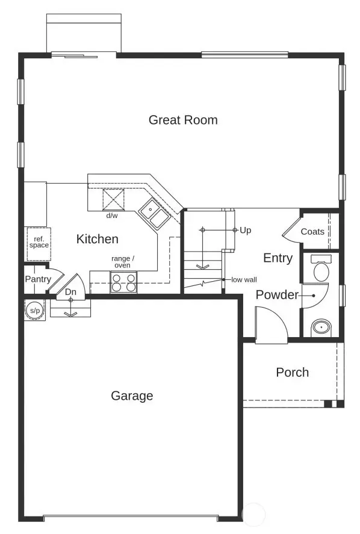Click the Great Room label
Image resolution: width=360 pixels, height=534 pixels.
[x=183, y=120]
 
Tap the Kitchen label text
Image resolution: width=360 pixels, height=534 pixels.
[x=97, y=239]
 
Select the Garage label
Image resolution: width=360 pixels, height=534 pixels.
[x=132, y=396]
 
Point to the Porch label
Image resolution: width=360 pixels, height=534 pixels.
[x=292, y=372]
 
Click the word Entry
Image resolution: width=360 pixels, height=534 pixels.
[x=278, y=258]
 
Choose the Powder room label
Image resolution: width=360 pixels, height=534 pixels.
[x=277, y=295]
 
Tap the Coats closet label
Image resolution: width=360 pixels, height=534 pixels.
[x=312, y=231]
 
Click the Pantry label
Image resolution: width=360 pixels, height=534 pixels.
[x=38, y=279]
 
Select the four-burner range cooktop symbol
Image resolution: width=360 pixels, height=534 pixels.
[x=123, y=282]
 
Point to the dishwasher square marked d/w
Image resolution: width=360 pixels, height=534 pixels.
[x=113, y=199]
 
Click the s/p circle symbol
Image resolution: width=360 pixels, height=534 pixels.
[x=33, y=309]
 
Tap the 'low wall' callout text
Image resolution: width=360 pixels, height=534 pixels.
[x=244, y=280]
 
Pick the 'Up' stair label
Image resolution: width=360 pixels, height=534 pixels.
[x=245, y=230]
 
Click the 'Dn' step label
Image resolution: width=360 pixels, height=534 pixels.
[x=70, y=293]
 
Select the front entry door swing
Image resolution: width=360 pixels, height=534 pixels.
[x=271, y=325]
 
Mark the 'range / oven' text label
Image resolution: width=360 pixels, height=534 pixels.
[x=123, y=262]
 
